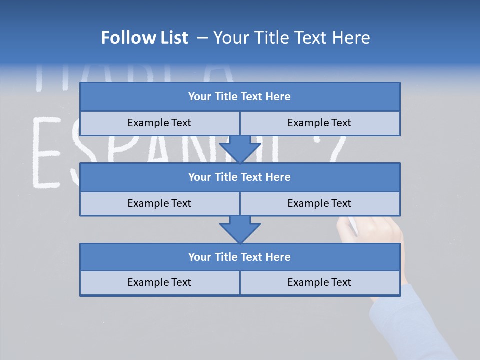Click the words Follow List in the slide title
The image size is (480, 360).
(x=144, y=38)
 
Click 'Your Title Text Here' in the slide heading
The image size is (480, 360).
(x=291, y=38)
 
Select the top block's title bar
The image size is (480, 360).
(x=240, y=97)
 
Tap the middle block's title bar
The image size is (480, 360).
(x=240, y=177)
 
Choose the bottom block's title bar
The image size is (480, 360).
(x=240, y=257)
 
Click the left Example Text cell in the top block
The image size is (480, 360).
(x=159, y=123)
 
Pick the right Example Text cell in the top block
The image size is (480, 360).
(x=319, y=123)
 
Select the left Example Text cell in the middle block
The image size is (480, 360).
(x=159, y=203)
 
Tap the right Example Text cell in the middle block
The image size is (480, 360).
(x=319, y=203)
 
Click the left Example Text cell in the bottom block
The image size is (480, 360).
(x=159, y=282)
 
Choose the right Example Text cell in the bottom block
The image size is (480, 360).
(x=319, y=282)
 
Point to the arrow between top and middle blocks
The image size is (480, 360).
(x=240, y=149)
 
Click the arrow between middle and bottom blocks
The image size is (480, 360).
(x=240, y=229)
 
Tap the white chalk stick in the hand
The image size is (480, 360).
(x=353, y=225)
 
